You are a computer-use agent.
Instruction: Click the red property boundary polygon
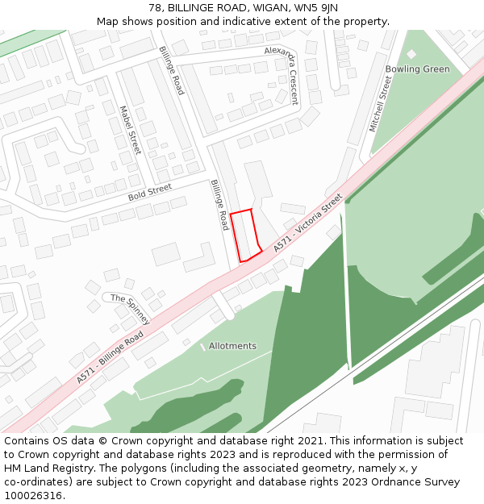245,235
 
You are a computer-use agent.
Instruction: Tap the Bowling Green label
417,69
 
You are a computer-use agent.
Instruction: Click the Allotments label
232,346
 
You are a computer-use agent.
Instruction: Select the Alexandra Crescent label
282,75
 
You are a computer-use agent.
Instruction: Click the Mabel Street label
130,130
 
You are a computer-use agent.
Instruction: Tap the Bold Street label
149,192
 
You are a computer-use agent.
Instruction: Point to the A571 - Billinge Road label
111,356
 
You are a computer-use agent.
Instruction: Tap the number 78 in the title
156,8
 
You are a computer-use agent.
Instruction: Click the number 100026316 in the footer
31,496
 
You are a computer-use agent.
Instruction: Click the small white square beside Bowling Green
411,53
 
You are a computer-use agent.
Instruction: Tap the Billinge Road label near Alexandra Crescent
172,70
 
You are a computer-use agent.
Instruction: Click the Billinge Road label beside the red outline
220,205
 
